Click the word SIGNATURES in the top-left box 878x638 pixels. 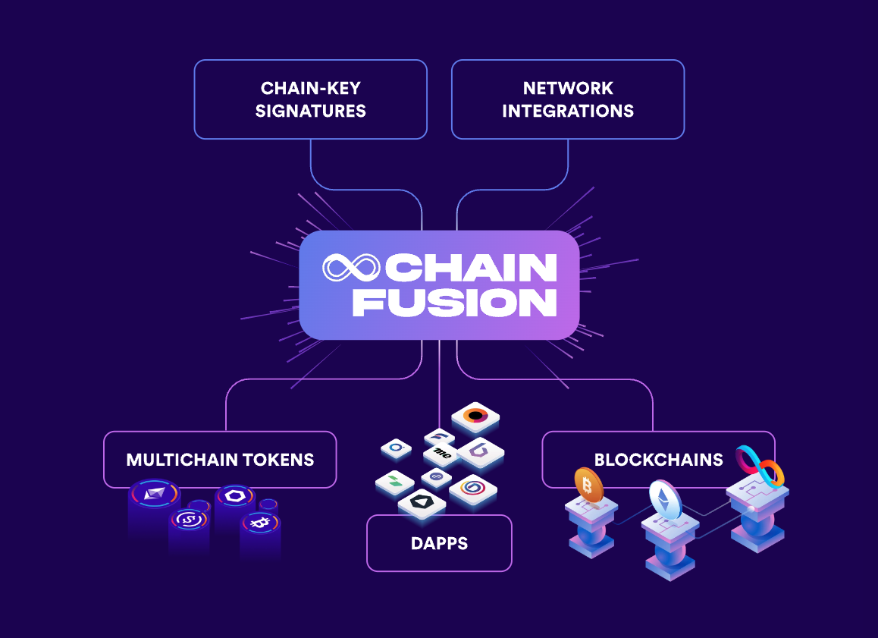[x=310, y=111]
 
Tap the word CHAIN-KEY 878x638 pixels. [x=310, y=88]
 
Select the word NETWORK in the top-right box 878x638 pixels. [x=568, y=88]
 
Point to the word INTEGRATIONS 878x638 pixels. [x=568, y=111]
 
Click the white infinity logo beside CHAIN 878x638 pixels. [x=350, y=267]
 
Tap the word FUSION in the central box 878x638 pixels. [x=455, y=302]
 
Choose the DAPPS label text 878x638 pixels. [x=439, y=543]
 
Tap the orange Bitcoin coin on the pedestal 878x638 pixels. [x=588, y=484]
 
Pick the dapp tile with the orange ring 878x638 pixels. [x=475, y=415]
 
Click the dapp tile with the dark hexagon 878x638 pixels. [x=421, y=501]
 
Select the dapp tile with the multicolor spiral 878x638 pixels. [x=473, y=489]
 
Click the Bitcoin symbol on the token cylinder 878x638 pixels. [x=259, y=523]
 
